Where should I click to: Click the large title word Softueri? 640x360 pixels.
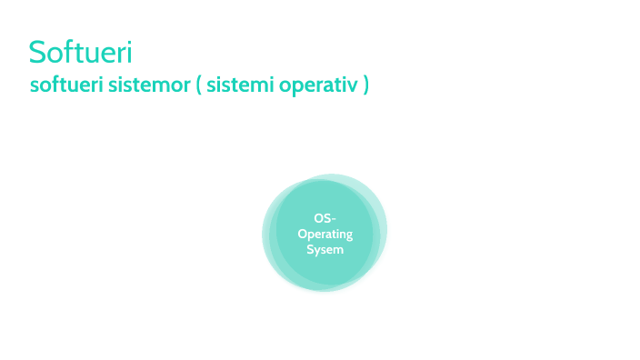[81, 51]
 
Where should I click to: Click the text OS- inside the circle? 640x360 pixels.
[325, 219]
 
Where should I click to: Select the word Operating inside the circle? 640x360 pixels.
[325, 235]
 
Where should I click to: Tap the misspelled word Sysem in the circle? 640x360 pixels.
[325, 249]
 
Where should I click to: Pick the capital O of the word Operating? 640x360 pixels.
[303, 235]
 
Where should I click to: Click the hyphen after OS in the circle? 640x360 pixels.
[334, 220]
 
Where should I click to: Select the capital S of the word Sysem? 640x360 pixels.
[310, 249]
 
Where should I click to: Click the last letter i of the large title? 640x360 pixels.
[130, 51]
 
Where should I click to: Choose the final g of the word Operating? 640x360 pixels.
[348, 236]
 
